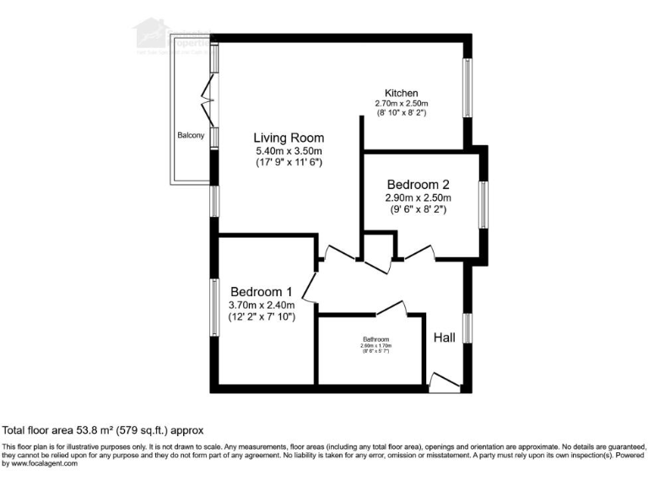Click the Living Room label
tap(289, 138)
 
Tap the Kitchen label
tap(402, 93)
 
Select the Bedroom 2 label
tap(418, 185)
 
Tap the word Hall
tap(445, 337)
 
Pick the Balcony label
tap(191, 135)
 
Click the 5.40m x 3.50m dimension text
tap(289, 150)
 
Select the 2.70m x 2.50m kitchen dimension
tap(402, 103)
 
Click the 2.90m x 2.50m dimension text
tap(418, 198)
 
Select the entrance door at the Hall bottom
tap(441, 382)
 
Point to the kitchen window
tap(466, 88)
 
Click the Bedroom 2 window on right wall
tap(483, 205)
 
